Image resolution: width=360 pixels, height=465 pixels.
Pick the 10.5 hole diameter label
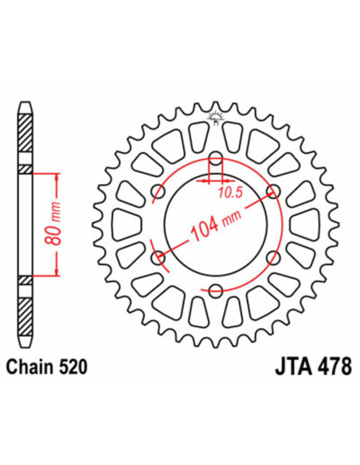pos(229,192)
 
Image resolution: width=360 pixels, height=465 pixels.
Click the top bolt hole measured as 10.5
pos(214,156)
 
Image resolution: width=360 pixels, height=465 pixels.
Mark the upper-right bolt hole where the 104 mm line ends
pos(272,190)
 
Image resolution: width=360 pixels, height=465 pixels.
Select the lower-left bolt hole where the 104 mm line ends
pos(157,256)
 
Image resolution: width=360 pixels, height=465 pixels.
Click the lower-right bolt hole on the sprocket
pos(272,256)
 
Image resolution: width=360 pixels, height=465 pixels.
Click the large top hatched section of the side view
pos(26,136)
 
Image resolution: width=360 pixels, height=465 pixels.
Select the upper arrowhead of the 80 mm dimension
pos(57,176)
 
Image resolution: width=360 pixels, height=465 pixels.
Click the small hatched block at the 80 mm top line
pos(26,170)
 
